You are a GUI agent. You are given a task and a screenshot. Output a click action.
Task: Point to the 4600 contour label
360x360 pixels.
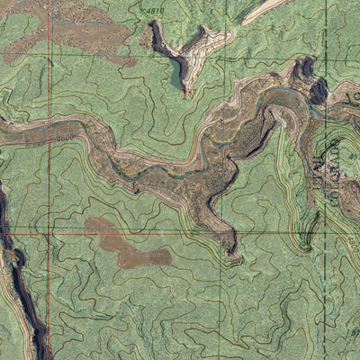[x=64, y=138]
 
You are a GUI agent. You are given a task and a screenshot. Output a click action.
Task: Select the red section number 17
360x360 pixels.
[x=188, y=94]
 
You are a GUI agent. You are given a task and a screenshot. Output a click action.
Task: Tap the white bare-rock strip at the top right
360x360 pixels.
[x=265, y=9]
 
